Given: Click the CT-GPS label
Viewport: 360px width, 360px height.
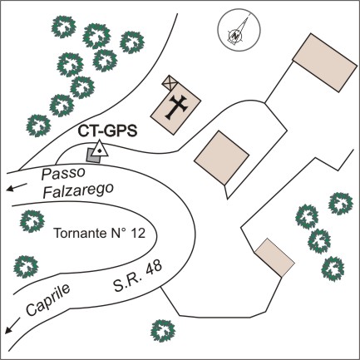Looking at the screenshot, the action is click(x=107, y=131).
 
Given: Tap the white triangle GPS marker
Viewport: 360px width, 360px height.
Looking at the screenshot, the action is click(x=100, y=150).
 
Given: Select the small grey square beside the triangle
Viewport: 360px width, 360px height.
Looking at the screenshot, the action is click(x=92, y=155).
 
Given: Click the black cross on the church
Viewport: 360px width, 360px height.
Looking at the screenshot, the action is click(x=175, y=107).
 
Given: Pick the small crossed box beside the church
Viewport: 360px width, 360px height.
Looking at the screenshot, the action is click(x=170, y=82).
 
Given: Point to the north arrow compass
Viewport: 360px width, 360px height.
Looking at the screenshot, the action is click(x=239, y=29).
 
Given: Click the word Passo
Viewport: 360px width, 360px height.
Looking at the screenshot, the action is click(x=63, y=174).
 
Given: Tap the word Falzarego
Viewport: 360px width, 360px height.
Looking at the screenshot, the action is click(x=79, y=190).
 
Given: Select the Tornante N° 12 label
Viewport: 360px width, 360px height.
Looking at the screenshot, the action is click(x=100, y=233).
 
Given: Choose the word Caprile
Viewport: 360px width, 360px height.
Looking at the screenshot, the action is click(x=48, y=300).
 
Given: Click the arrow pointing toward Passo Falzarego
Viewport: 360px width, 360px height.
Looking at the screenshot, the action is click(x=17, y=187).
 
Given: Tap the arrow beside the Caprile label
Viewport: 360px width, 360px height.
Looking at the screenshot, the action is click(x=12, y=325).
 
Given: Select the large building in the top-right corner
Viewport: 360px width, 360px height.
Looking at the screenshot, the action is click(x=325, y=62).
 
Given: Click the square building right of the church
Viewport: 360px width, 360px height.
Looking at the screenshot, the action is click(x=221, y=157).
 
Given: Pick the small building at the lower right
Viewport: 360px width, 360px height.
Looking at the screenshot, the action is click(x=274, y=258).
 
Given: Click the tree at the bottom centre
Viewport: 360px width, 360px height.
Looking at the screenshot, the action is click(x=163, y=331).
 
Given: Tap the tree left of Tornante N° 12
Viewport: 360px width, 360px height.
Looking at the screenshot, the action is click(x=32, y=221).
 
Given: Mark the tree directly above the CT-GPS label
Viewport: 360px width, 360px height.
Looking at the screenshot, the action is click(x=105, y=61).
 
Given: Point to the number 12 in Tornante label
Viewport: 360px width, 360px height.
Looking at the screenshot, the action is click(x=138, y=233).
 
